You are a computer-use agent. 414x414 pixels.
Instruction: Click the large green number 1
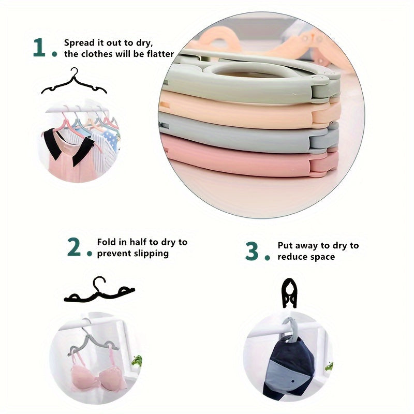[x=39, y=47]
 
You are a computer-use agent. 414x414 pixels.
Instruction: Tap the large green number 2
[x=74, y=247]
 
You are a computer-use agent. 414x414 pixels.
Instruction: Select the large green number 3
[x=252, y=251]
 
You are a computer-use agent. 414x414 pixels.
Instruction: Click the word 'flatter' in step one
[x=160, y=54]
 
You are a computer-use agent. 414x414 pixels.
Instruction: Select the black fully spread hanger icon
[x=74, y=81]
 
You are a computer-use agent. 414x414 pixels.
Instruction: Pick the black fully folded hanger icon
[x=289, y=293]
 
